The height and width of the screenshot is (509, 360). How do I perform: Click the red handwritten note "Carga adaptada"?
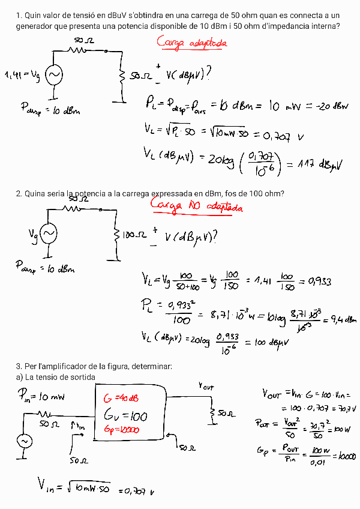192,43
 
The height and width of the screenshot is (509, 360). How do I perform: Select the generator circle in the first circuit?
53,74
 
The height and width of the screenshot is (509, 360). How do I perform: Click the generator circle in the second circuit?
48,233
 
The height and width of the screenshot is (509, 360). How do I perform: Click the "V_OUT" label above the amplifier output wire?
206,387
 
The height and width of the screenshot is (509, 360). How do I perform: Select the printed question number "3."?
19,366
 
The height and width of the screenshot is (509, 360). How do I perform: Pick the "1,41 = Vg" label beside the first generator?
23,74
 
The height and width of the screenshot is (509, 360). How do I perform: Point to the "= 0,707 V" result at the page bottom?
137,492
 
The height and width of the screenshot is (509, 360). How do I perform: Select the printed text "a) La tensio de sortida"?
56,376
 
